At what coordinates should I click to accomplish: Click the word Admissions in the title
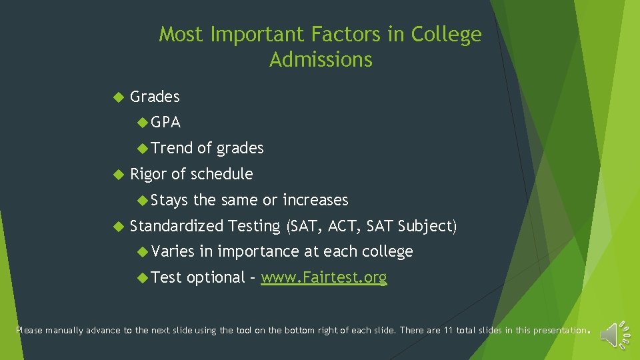coord(321,59)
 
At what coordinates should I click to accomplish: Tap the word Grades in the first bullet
coord(155,97)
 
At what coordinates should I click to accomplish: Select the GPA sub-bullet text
coord(165,123)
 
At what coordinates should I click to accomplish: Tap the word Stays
coord(170,200)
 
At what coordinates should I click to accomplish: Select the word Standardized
coord(177,226)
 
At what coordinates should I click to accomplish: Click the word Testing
coord(255,227)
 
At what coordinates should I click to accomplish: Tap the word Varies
coord(173,251)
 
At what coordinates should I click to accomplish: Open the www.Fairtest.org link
coord(323,277)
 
